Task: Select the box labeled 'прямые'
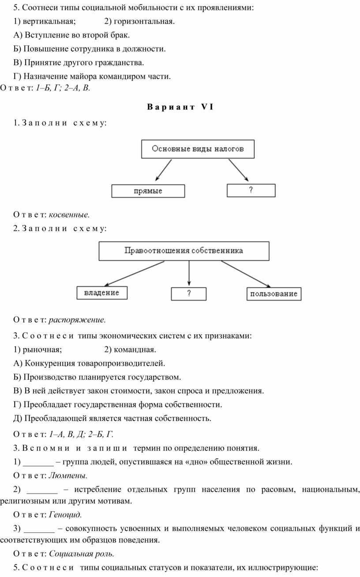tap(148, 191)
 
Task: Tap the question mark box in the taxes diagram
tap(251, 191)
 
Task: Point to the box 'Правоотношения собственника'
tap(184, 251)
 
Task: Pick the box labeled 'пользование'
tap(274, 294)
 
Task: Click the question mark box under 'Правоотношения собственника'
tap(189, 294)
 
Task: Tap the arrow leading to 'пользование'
tap(245, 274)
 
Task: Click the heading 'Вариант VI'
tap(180, 107)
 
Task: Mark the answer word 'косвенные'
tap(69, 215)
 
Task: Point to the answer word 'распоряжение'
tap(77, 319)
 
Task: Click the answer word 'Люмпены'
tap(67, 476)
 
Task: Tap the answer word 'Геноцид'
tap(65, 514)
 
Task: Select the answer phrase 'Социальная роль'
tap(81, 553)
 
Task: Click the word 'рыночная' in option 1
tap(41, 350)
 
